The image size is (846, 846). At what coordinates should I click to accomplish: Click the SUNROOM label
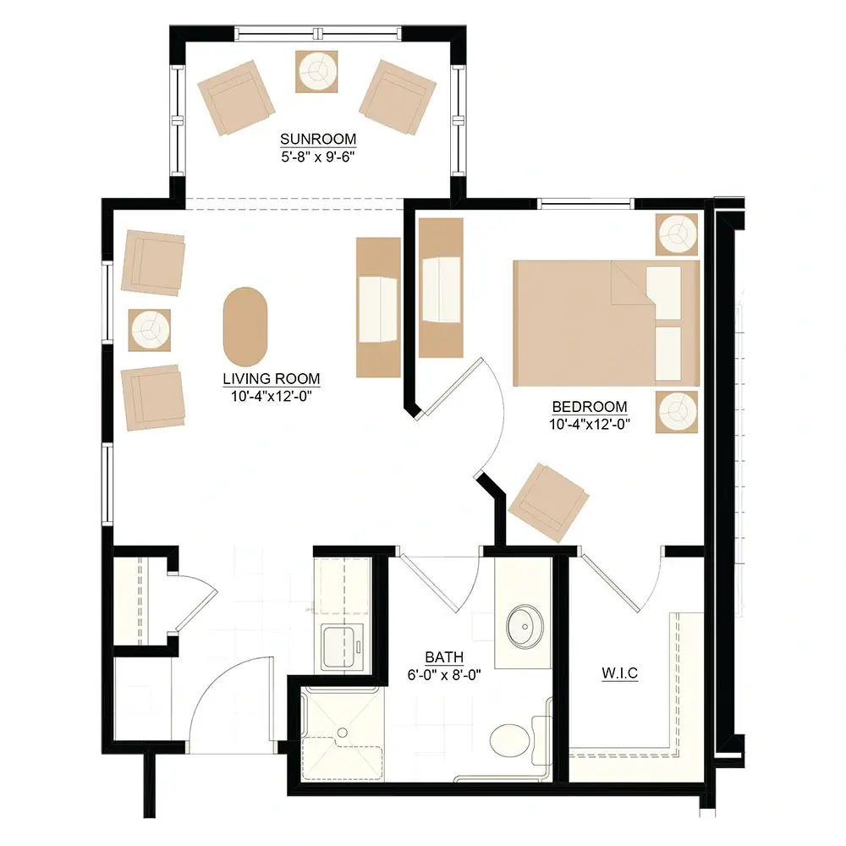point(318,140)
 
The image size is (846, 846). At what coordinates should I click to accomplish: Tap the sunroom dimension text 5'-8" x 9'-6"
point(318,157)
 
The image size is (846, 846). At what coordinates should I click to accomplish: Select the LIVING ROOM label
point(272,379)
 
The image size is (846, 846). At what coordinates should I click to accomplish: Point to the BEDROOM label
point(589,406)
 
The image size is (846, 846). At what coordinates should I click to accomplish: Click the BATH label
point(444,657)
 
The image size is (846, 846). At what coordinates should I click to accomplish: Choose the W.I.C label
point(619,673)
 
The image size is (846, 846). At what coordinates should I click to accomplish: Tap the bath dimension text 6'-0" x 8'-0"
point(444,675)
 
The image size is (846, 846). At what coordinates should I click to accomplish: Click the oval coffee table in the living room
point(245,327)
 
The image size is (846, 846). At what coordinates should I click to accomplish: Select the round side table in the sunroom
point(316,72)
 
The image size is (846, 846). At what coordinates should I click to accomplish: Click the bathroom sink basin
point(525,626)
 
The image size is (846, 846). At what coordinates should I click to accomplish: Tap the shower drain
point(342,732)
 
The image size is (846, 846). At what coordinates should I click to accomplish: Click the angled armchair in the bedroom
point(549,503)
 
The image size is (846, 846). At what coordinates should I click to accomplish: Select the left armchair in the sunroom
point(236,97)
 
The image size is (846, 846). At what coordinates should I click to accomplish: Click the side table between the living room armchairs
point(150,330)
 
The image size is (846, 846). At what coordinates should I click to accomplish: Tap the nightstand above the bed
point(677,234)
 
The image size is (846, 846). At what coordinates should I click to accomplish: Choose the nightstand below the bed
point(677,412)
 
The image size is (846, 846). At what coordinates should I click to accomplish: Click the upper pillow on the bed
point(663,293)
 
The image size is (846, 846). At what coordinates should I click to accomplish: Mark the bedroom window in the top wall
point(586,204)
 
